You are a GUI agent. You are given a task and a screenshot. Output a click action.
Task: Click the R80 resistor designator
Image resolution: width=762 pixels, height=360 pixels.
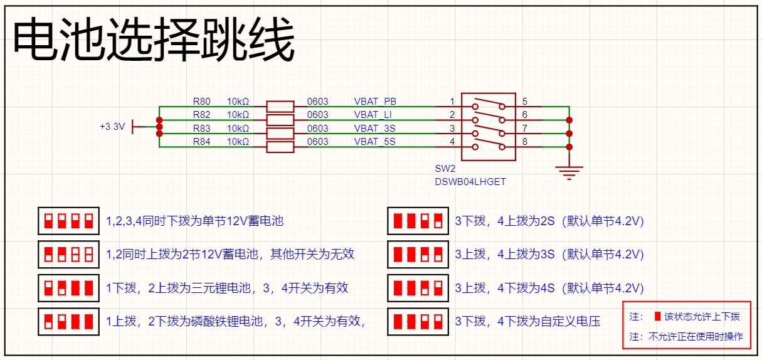pyautogui.click(x=202, y=101)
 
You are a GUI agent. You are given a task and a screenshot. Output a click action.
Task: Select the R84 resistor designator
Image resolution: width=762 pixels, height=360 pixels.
pyautogui.click(x=202, y=142)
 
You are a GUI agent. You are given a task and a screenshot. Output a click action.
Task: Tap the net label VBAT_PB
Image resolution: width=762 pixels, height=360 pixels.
pyautogui.click(x=375, y=101)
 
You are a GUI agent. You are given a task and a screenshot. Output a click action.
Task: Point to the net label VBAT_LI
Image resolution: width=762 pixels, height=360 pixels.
pyautogui.click(x=374, y=115)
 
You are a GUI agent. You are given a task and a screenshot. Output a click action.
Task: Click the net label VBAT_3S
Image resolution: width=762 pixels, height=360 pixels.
pyautogui.click(x=374, y=129)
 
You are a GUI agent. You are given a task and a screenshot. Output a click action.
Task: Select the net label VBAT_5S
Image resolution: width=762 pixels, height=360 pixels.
pyautogui.click(x=374, y=142)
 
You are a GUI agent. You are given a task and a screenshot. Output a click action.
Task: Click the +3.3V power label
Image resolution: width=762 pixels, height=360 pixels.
pyautogui.click(x=112, y=126)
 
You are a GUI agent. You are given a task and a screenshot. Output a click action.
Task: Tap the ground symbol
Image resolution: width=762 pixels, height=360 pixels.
pyautogui.click(x=569, y=172)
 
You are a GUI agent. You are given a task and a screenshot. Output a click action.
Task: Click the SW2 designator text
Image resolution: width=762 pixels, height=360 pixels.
pyautogui.click(x=445, y=169)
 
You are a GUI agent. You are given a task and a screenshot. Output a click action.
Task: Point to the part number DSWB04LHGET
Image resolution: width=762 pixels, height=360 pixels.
pyautogui.click(x=470, y=182)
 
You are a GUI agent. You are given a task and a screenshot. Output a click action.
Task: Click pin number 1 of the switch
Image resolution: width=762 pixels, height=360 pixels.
pyautogui.click(x=452, y=102)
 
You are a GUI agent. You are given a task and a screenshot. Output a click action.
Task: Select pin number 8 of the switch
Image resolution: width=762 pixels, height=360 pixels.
pyautogui.click(x=524, y=142)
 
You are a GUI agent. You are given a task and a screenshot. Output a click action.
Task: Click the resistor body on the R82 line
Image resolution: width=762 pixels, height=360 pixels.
pyautogui.click(x=280, y=119)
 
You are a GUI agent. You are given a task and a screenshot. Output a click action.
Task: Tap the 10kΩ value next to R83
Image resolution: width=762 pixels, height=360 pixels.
pyautogui.click(x=238, y=129)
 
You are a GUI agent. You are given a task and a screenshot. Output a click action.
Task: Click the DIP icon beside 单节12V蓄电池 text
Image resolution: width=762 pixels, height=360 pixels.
pyautogui.click(x=69, y=221)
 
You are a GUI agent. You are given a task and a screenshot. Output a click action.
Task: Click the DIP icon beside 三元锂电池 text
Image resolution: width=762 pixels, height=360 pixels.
pyautogui.click(x=69, y=288)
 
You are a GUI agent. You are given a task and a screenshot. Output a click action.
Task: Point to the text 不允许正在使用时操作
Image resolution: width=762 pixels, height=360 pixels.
pyautogui.click(x=696, y=337)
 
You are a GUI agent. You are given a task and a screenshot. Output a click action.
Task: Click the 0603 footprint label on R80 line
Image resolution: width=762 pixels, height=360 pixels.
pyautogui.click(x=317, y=101)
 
